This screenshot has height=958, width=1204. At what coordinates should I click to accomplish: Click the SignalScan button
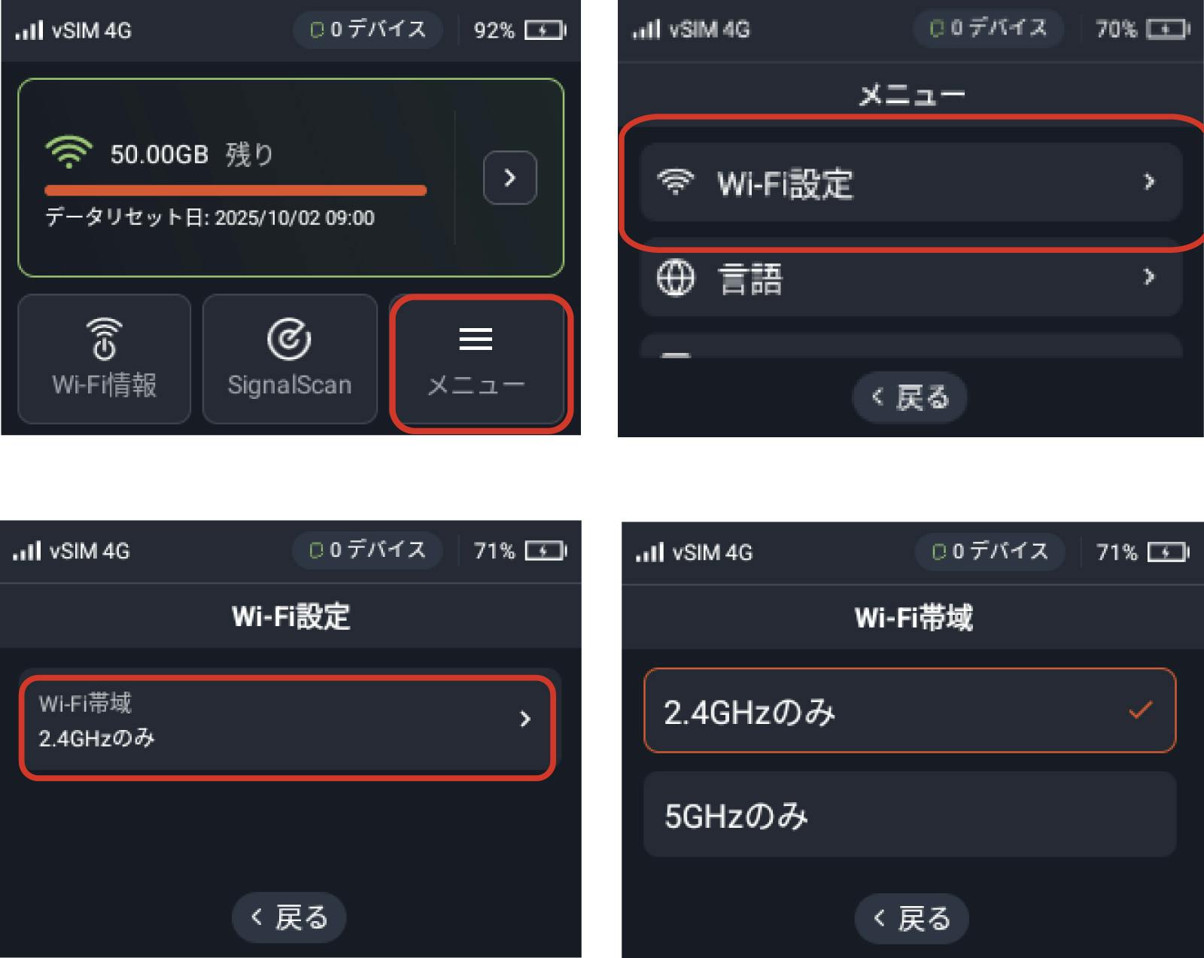click(290, 359)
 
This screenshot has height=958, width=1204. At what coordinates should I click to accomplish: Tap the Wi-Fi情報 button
click(104, 359)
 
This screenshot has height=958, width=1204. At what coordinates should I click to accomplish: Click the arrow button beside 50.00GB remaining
click(509, 178)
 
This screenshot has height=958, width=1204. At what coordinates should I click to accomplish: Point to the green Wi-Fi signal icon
click(68, 152)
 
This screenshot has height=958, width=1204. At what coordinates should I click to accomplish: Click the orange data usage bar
click(236, 190)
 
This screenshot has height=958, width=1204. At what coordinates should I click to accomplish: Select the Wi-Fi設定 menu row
click(911, 182)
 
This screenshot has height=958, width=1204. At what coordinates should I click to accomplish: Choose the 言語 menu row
click(911, 278)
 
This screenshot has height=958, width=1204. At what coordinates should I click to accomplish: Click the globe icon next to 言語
click(675, 278)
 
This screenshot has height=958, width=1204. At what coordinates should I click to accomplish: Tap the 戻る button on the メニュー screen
click(910, 397)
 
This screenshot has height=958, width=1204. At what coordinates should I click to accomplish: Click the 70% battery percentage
click(1116, 29)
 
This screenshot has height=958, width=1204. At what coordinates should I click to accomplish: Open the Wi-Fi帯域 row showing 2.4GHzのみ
click(289, 726)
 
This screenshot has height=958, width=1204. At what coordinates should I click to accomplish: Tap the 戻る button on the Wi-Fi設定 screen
click(289, 917)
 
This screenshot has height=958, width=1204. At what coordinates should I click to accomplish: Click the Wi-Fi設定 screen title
click(291, 616)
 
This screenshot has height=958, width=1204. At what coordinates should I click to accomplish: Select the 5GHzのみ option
click(910, 815)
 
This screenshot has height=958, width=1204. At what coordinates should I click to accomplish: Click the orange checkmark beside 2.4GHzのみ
click(1140, 710)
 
